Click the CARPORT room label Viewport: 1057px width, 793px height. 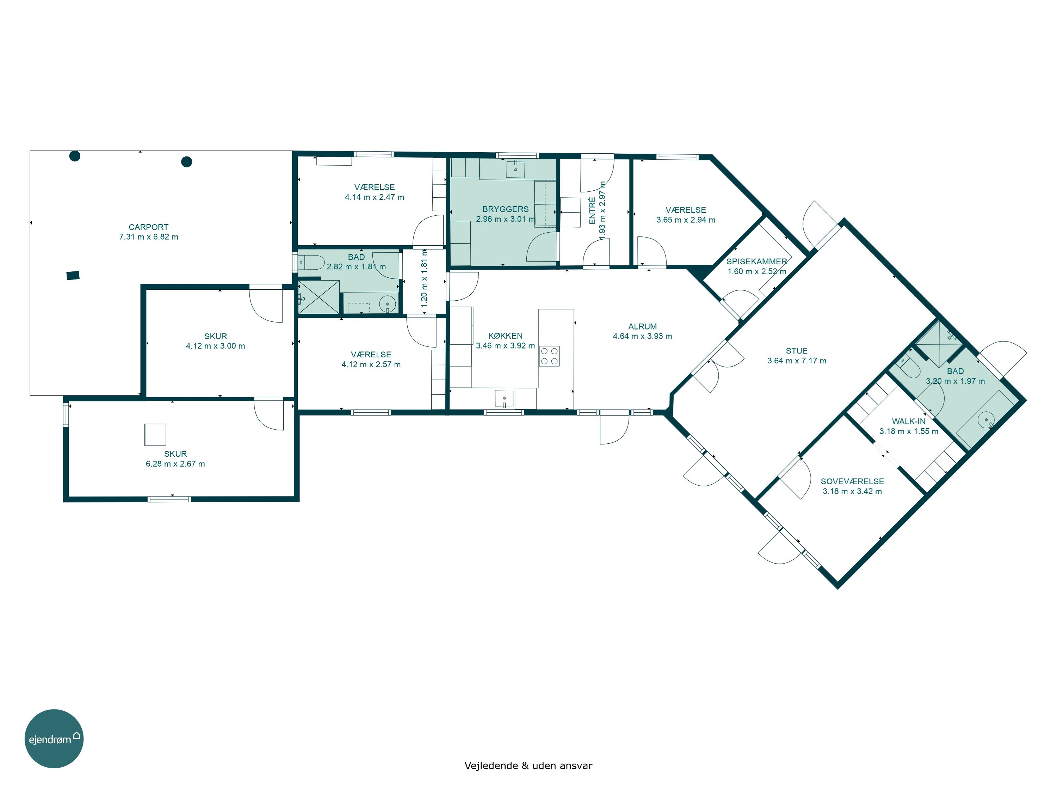(149, 227)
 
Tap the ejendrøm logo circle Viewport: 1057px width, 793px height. (54, 738)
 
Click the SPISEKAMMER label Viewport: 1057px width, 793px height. (756, 262)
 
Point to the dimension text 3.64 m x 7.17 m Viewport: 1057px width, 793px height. (797, 361)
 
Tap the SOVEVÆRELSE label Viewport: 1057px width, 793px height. (852, 481)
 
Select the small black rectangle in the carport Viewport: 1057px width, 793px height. (73, 275)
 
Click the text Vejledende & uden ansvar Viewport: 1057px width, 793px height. (528, 765)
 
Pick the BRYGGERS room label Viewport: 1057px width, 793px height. (505, 209)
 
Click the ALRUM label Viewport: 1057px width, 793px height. (642, 326)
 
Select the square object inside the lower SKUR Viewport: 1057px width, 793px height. (155, 435)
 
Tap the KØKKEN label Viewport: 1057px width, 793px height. (505, 336)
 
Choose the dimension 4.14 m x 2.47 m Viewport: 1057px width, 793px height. (374, 197)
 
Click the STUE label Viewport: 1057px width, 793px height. (797, 351)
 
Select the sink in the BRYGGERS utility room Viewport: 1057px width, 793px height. (515, 169)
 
